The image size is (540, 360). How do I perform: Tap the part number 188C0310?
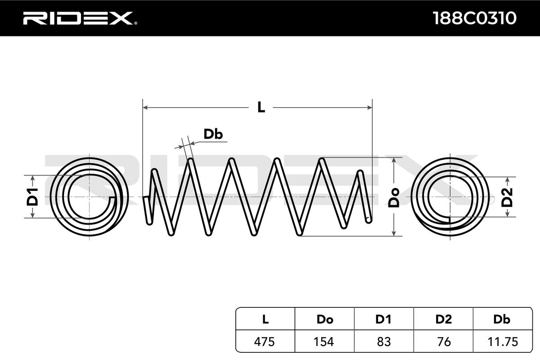(x=474, y=18)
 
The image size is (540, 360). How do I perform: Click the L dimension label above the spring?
(x=261, y=108)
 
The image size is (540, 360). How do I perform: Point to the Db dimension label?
(x=213, y=134)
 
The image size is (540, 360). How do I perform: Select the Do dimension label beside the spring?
(x=394, y=197)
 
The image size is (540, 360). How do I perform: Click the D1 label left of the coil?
(x=32, y=197)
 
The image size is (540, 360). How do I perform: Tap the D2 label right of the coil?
(x=507, y=197)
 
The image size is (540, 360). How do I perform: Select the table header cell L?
(x=265, y=319)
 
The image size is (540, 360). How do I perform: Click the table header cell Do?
(x=325, y=319)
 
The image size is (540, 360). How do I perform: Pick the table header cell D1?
(x=384, y=319)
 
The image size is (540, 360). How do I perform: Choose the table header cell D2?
(x=444, y=319)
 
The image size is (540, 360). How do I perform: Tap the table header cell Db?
(x=502, y=319)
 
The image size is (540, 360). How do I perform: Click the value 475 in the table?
(x=265, y=342)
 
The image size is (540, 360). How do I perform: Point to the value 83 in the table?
(x=384, y=342)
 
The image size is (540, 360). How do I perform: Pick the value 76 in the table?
(x=444, y=342)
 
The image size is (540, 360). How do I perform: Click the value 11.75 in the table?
(x=502, y=342)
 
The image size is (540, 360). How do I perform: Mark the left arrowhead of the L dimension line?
(x=145, y=108)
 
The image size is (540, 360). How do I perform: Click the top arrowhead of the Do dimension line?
(x=394, y=160)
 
